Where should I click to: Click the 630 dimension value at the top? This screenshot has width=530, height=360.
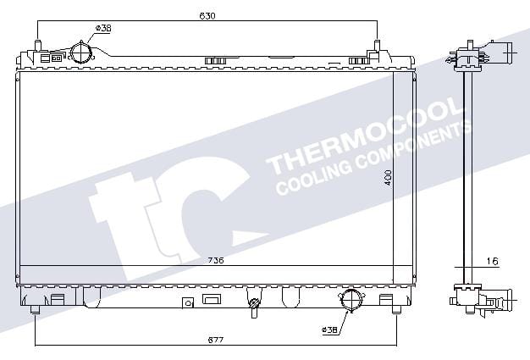coord(206,15)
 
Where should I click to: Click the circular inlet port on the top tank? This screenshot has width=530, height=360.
coord(80,53)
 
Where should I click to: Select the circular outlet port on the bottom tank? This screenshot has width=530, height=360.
coord(351,300)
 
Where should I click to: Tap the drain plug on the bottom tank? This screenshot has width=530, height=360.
coord(253,306)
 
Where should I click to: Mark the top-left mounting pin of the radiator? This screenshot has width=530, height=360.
coord(37,47)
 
